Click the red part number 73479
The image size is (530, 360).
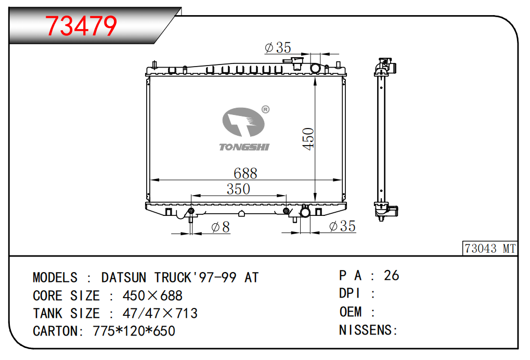click(x=81, y=25)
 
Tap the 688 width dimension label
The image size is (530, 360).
click(x=245, y=173)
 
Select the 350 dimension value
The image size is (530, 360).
click(x=238, y=189)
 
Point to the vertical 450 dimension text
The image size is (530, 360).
click(x=308, y=138)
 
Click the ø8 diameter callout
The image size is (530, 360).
click(x=221, y=227)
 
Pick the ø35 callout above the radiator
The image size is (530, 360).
click(x=278, y=48)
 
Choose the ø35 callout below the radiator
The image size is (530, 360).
click(x=342, y=226)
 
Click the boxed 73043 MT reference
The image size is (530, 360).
click(x=490, y=249)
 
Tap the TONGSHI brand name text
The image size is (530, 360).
click(x=244, y=147)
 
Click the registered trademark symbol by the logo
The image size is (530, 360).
click(x=266, y=110)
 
